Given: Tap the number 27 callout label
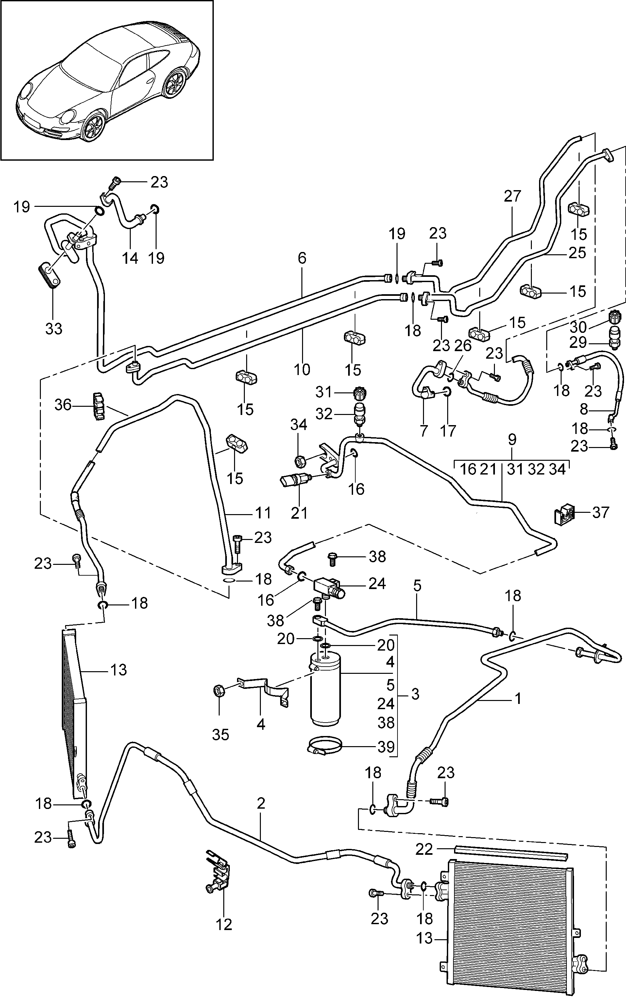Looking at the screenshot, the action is point(512,196).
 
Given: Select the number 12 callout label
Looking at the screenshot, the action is point(224,924).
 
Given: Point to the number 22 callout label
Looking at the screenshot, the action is point(424,849).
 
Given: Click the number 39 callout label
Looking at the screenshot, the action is point(386,747).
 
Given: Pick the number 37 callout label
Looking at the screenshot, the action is point(601,513).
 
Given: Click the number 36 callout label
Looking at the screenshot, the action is point(63,404).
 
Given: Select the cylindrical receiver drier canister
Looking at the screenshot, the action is point(325,689).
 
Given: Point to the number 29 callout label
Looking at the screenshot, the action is point(578,342).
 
